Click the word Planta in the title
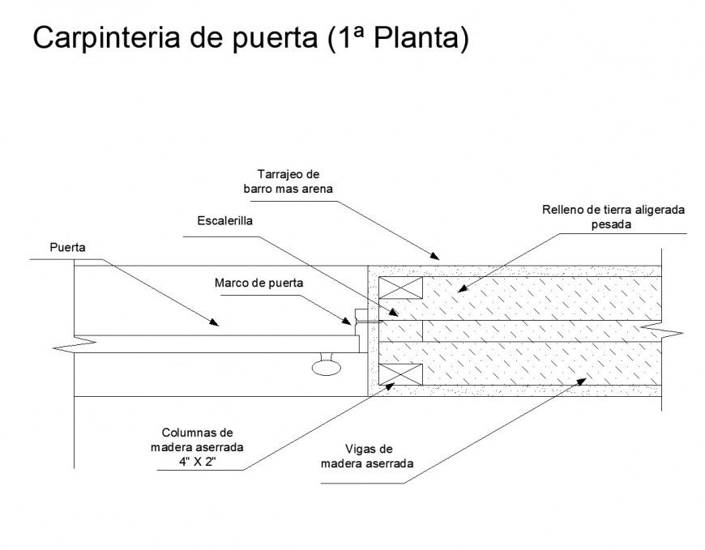(x=421, y=38)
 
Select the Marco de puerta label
(x=258, y=284)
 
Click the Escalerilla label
(x=224, y=220)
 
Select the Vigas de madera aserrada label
(x=367, y=456)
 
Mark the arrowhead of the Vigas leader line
(x=584, y=379)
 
